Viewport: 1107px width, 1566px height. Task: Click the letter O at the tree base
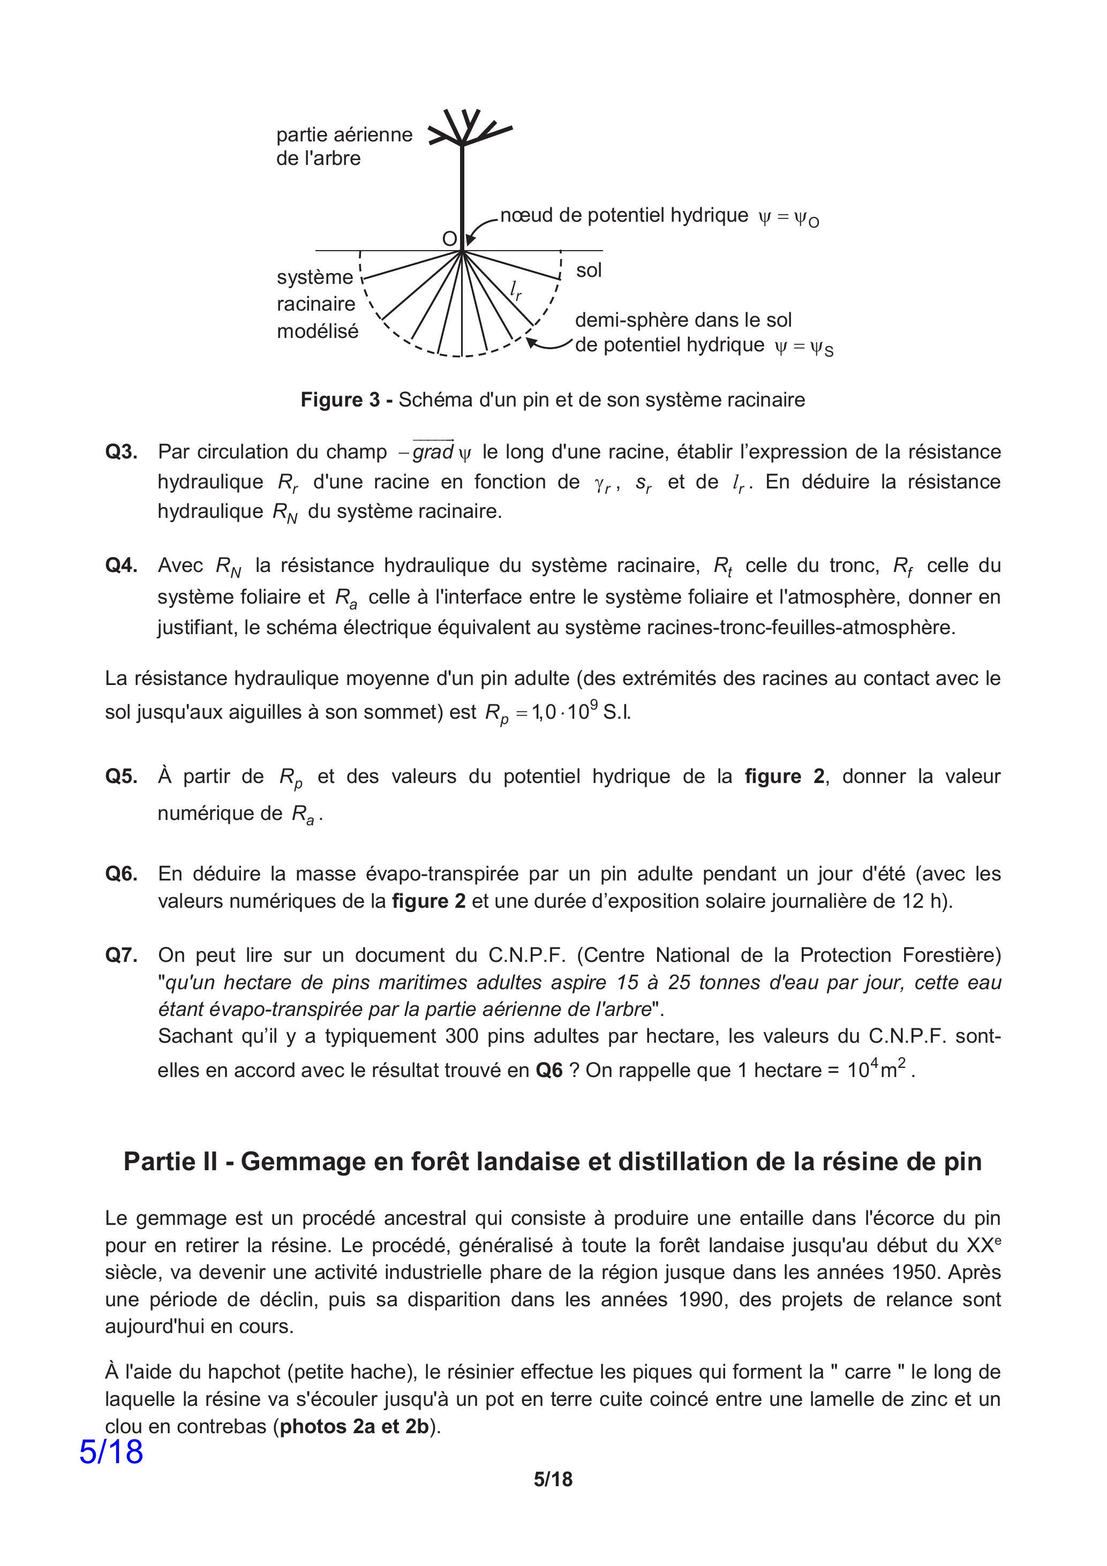tap(449, 239)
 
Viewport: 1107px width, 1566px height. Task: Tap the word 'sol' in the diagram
tap(589, 271)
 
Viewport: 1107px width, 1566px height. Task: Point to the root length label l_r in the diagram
tap(516, 291)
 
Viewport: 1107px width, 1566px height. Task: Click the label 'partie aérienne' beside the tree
tap(344, 135)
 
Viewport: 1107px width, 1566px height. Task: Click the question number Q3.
tap(122, 452)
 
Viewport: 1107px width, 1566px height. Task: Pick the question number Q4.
tap(122, 566)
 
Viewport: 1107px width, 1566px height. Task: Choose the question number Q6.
tap(122, 874)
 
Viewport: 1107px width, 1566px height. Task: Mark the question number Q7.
tap(122, 955)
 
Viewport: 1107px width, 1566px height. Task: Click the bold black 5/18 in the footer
tap(553, 1499)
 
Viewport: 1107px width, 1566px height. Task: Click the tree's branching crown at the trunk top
tap(464, 130)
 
